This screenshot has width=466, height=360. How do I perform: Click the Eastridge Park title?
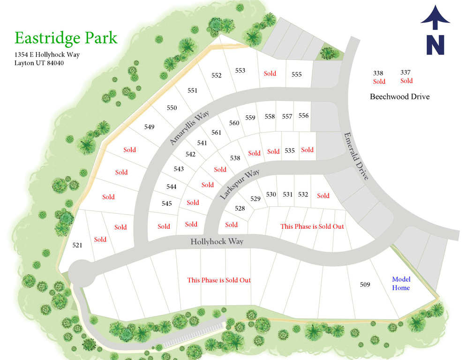click(x=66, y=37)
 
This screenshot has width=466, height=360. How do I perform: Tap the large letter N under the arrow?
click(x=435, y=45)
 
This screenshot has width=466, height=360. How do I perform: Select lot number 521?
click(x=77, y=245)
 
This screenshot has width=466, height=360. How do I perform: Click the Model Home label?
click(x=401, y=284)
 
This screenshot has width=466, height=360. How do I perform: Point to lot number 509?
click(x=365, y=285)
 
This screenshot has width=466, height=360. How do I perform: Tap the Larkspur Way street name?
click(x=240, y=186)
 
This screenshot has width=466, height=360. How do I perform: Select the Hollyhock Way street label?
click(x=217, y=242)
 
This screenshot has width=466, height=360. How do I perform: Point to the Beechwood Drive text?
click(x=399, y=97)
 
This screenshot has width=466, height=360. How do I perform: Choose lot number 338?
click(x=378, y=73)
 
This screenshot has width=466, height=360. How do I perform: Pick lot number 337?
click(x=406, y=72)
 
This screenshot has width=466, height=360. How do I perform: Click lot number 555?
click(x=296, y=75)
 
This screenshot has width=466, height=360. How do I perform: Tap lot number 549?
click(x=149, y=127)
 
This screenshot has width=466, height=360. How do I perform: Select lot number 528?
click(x=240, y=208)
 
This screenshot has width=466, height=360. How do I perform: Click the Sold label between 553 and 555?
click(x=270, y=74)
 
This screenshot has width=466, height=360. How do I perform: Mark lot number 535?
click(x=290, y=150)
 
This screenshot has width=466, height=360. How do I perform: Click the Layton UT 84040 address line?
click(x=39, y=63)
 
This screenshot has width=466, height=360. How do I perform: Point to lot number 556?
click(x=303, y=116)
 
